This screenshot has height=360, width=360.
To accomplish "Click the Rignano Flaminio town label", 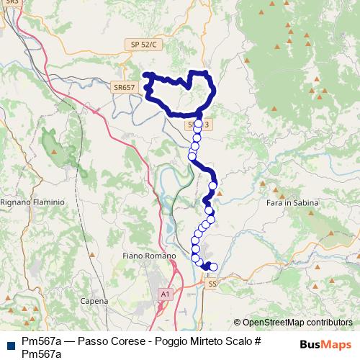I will coord(34,202).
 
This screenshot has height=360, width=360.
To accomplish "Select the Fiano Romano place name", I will coord(150,256).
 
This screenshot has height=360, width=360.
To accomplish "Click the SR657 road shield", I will coord(124,87).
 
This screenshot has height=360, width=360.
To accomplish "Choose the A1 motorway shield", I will coord(166,294).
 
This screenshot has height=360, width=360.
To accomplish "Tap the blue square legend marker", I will coord(9,345).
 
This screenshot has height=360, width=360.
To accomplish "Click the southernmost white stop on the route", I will coord(213,267).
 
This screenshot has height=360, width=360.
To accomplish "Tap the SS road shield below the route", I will coord(212,284).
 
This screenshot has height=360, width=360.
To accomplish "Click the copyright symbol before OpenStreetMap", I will coord(238,323).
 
